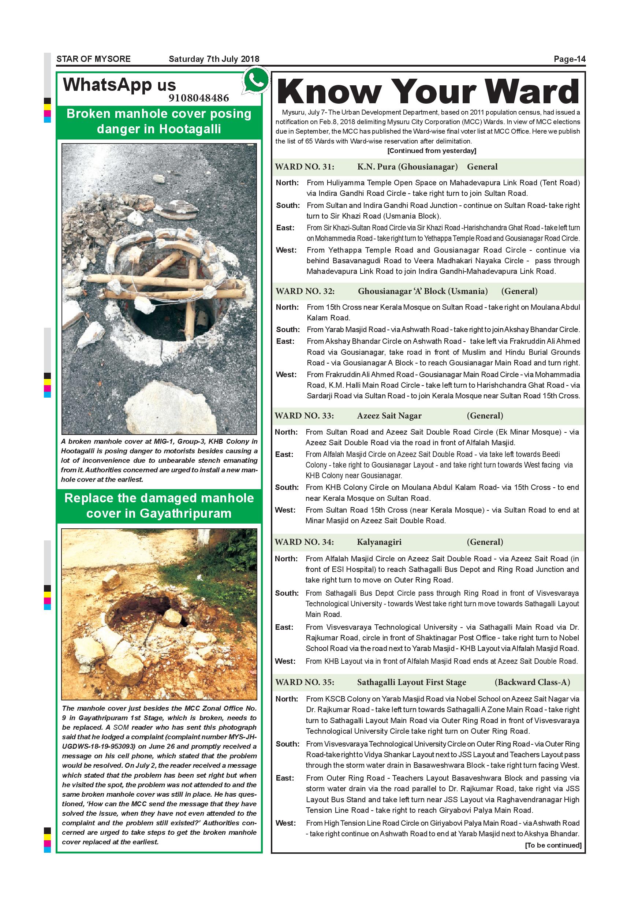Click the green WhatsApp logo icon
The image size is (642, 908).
[x=256, y=80]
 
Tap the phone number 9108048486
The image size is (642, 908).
[x=198, y=98]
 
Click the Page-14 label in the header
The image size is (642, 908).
[x=569, y=59]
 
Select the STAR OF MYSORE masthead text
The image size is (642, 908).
[x=93, y=59]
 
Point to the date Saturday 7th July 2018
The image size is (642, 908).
[x=214, y=59]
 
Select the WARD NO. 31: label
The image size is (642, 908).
[x=305, y=167]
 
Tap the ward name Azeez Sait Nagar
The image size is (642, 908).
[x=389, y=416]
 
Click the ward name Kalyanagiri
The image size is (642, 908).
[x=379, y=542]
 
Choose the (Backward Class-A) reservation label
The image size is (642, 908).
[x=532, y=682]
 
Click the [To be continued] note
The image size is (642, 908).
[x=553, y=845]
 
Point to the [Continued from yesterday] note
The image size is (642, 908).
[x=432, y=151]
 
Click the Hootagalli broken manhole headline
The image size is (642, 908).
[x=159, y=121]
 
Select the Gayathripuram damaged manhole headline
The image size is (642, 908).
[x=159, y=505]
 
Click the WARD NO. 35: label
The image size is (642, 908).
[x=305, y=682]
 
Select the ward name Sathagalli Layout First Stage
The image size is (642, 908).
[x=411, y=682]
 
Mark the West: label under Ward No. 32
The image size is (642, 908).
[x=286, y=375]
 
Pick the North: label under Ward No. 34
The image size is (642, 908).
[x=287, y=559]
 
